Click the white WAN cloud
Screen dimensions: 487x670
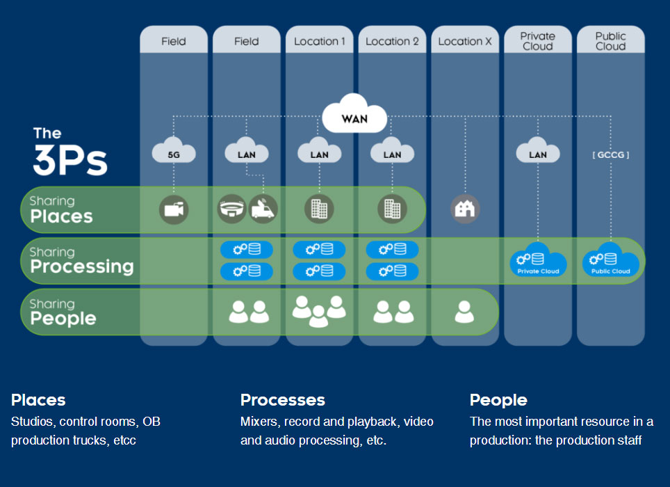[354, 118]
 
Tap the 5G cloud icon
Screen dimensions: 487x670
[174, 153]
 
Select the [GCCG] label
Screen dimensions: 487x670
[610, 154]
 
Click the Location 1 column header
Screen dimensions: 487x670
[319, 41]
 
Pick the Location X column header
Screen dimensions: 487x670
[464, 41]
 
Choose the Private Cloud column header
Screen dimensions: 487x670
[537, 41]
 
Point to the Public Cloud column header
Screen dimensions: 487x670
[610, 41]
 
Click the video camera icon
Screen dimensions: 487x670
[174, 209]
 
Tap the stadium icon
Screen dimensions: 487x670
[231, 209]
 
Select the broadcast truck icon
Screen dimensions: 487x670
[263, 209]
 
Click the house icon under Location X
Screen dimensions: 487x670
[464, 209]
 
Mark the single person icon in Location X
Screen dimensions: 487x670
[464, 312]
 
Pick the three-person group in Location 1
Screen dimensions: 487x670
[319, 310]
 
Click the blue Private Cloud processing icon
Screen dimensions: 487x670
[538, 260]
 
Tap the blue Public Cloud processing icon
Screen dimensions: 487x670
[610, 260]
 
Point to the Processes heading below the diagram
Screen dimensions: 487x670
[282, 400]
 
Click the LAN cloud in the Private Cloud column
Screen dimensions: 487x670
[537, 153]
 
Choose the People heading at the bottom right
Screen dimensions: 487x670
[498, 400]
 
